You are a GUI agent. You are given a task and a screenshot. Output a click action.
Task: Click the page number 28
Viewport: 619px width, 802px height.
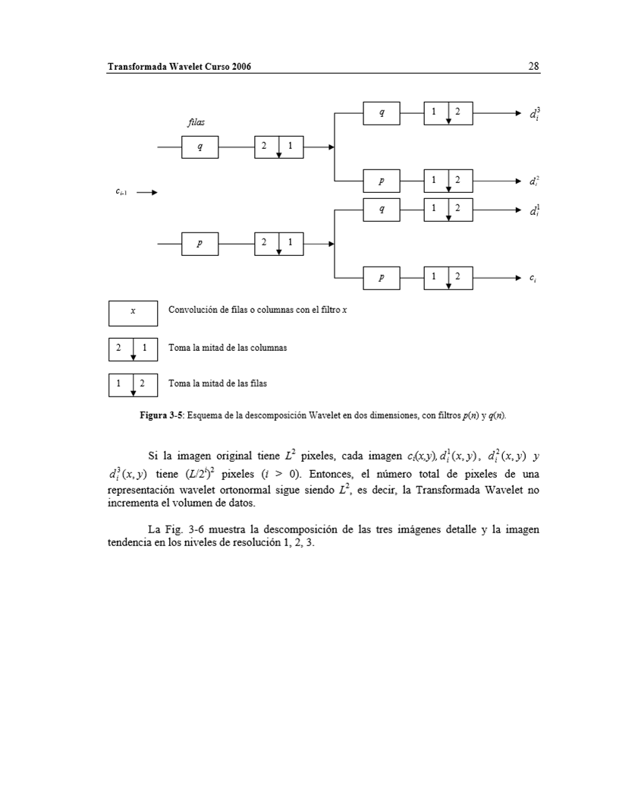tap(533, 67)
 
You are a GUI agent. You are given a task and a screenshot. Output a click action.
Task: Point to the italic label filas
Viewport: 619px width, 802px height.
tap(196, 122)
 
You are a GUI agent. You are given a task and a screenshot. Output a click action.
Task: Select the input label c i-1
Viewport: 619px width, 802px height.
tap(121, 193)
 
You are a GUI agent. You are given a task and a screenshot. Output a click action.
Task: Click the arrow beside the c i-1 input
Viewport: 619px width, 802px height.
tap(147, 193)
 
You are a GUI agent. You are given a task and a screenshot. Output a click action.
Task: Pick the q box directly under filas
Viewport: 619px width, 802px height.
tap(200, 147)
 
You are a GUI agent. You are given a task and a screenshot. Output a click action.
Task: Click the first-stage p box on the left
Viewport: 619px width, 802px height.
tap(200, 244)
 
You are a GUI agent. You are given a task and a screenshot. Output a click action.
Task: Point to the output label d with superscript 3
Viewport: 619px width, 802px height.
tap(534, 113)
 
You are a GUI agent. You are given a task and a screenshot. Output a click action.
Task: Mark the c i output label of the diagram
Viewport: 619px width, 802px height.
tap(534, 279)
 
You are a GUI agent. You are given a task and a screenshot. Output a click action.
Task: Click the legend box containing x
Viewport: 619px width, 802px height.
tap(133, 313)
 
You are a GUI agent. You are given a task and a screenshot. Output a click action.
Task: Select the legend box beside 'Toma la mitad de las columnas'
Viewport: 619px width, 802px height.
tap(133, 349)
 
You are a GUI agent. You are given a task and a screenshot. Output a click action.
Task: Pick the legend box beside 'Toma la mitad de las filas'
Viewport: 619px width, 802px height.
tap(133, 384)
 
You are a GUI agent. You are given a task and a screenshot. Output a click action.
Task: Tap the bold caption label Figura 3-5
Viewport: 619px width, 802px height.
tap(162, 416)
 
